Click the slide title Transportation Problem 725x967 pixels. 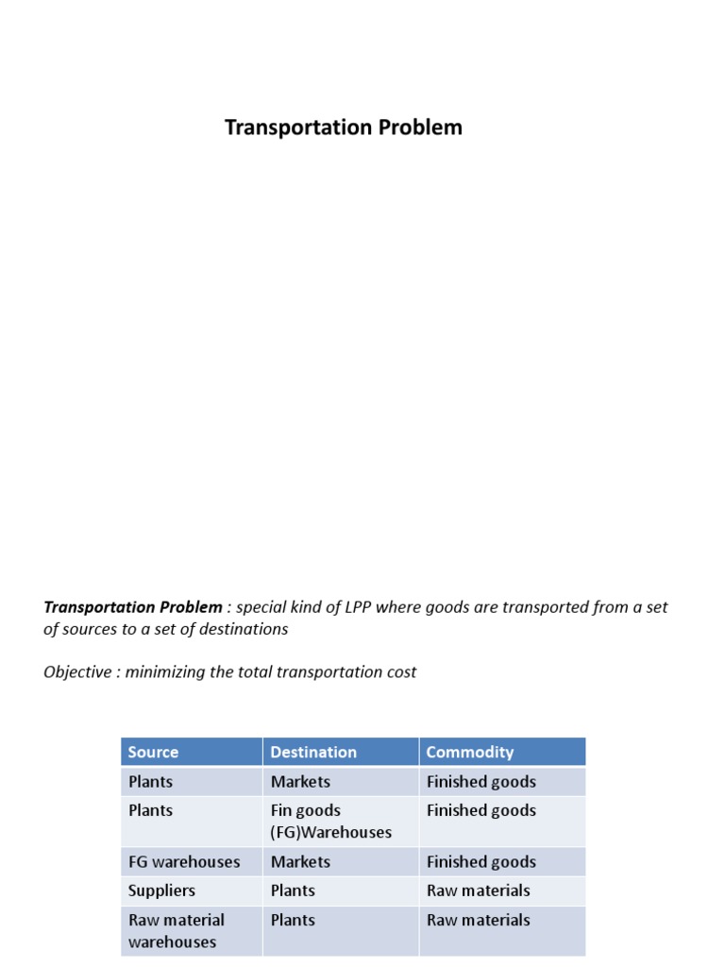click(x=344, y=127)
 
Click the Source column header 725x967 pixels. click(x=153, y=753)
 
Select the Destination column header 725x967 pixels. click(x=313, y=753)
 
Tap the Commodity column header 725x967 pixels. click(x=470, y=753)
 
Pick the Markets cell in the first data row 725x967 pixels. click(x=300, y=782)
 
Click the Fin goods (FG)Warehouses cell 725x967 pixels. click(x=330, y=822)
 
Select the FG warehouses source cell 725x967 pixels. click(x=184, y=862)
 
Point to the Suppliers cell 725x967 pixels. click(x=161, y=891)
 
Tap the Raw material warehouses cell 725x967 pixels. click(x=176, y=930)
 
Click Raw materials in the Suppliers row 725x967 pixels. click(x=479, y=891)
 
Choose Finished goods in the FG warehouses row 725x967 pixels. click(x=481, y=862)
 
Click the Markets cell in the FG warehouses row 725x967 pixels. click(x=300, y=862)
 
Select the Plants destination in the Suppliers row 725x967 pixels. click(x=293, y=891)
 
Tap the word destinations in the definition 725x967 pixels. click(x=241, y=629)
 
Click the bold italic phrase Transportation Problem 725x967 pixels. click(x=133, y=607)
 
